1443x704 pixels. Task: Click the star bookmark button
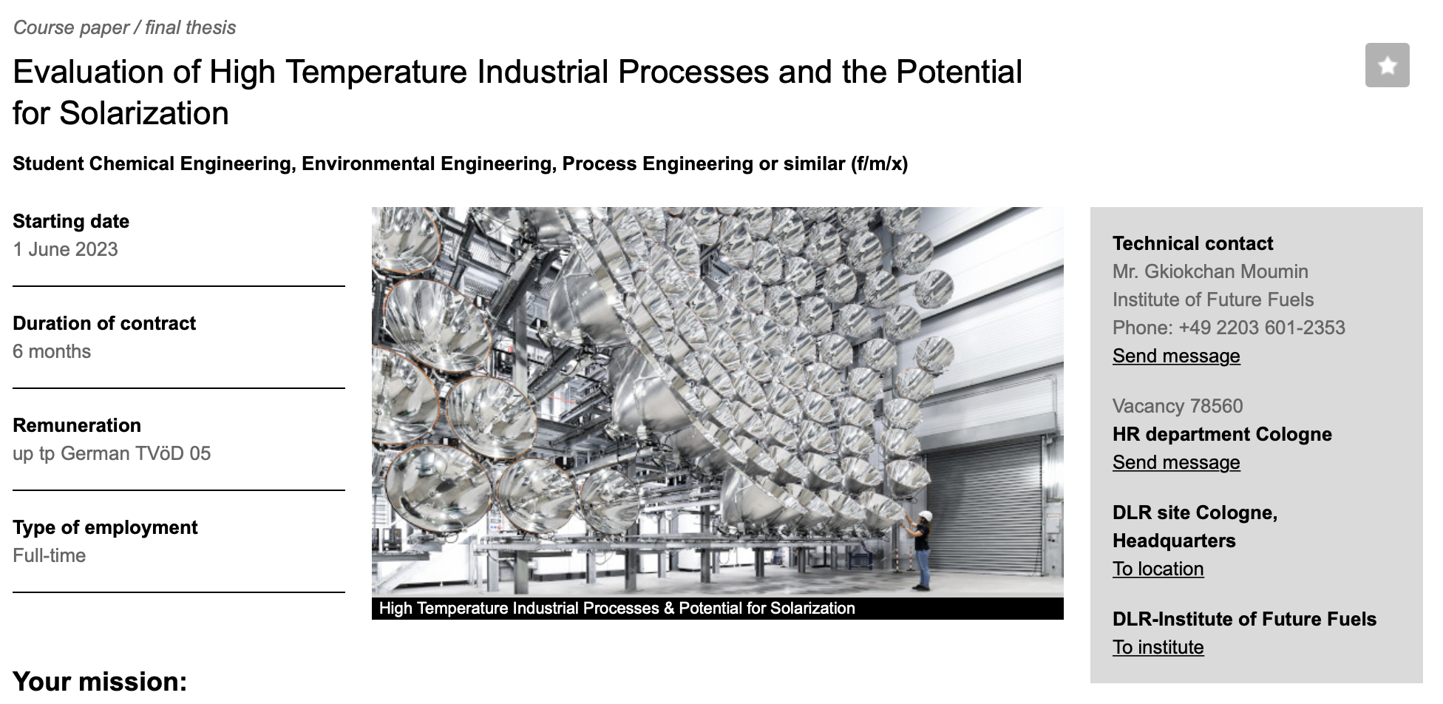(1387, 65)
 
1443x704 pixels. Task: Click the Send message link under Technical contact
(1176, 356)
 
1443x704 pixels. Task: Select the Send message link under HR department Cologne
(1176, 462)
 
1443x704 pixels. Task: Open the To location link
(1158, 569)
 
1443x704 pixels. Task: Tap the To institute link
(1158, 647)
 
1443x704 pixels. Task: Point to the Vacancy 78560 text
(1178, 406)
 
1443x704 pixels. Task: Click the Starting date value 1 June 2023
(65, 249)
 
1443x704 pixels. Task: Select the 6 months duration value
(52, 351)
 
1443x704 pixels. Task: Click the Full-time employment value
(49, 555)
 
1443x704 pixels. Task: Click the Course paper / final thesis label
(124, 27)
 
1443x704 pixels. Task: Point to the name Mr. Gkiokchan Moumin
(1210, 271)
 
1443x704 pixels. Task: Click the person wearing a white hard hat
(921, 549)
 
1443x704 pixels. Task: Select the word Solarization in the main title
(144, 113)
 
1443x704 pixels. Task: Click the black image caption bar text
(617, 608)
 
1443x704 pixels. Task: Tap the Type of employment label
(105, 527)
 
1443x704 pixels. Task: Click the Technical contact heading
(1192, 243)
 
